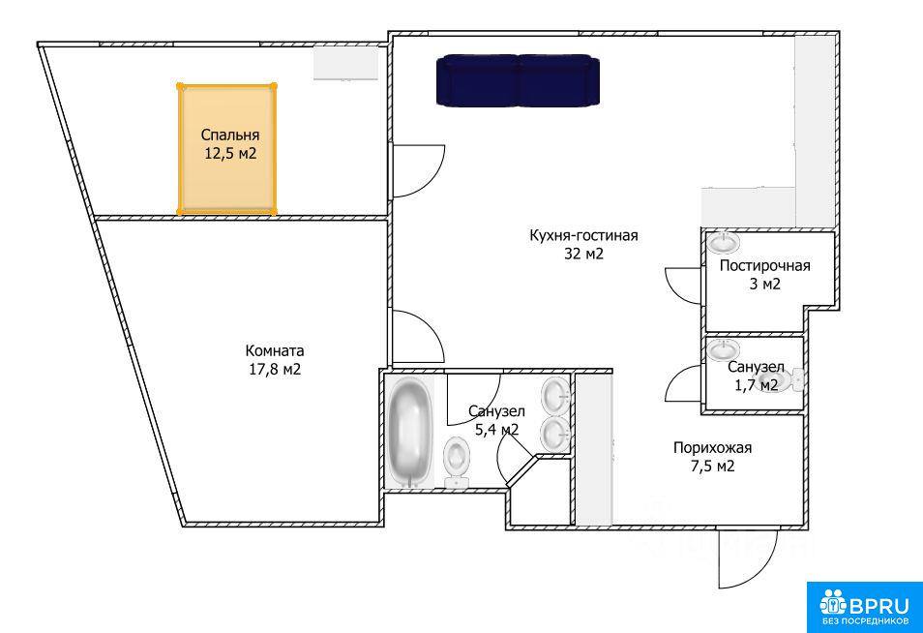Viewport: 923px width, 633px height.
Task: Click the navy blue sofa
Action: [518, 80]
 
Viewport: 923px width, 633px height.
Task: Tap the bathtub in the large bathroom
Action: [409, 432]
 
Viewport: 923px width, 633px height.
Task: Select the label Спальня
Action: [230, 135]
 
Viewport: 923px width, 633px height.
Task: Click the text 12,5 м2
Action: [230, 154]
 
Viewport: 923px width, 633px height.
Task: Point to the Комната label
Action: [275, 351]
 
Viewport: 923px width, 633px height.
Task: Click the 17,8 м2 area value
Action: [275, 370]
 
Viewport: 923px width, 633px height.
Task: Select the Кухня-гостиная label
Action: [584, 235]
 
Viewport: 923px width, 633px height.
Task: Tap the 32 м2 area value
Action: [584, 254]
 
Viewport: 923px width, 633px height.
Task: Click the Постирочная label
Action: [764, 265]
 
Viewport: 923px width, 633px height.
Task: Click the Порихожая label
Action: [712, 447]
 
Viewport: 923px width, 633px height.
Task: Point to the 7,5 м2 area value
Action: [712, 467]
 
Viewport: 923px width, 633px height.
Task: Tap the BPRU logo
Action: [865, 607]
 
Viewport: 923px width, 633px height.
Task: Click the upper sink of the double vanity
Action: [555, 396]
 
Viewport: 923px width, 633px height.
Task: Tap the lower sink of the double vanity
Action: [555, 434]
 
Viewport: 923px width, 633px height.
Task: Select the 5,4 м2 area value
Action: [496, 430]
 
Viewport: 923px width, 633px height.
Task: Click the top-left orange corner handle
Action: [180, 86]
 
